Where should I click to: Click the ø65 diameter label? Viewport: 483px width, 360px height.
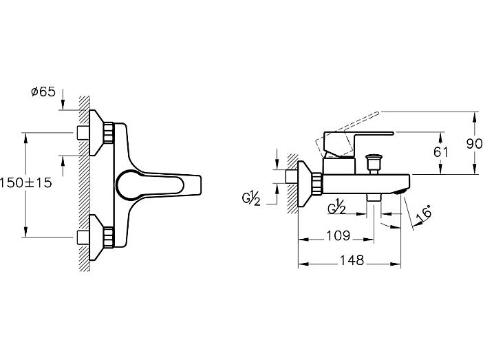point(43,92)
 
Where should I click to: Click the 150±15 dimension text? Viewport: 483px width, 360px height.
point(26,183)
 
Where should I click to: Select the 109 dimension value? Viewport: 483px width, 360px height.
point(339,236)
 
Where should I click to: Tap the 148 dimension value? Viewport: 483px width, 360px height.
point(352,260)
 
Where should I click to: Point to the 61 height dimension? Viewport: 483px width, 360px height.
point(441,152)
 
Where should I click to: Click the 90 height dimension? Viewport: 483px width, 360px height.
point(474,144)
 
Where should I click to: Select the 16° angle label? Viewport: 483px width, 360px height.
point(424,214)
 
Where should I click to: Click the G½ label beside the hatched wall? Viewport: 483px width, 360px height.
point(251,198)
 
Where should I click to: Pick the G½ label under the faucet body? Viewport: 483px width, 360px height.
point(336,207)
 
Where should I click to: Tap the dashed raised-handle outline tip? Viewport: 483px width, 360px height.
point(377,113)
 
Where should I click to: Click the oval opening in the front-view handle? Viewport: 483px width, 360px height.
point(150,185)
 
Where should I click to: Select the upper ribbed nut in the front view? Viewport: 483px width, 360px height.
point(109,133)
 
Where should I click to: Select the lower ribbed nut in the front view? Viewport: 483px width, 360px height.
point(109,237)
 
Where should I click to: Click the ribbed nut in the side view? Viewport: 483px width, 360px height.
point(317,184)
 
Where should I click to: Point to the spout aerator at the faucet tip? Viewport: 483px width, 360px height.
point(400,192)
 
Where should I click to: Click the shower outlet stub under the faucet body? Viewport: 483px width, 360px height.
point(374,198)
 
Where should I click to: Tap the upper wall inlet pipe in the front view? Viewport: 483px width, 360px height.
point(83,133)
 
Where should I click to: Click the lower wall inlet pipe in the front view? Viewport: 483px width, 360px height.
point(83,237)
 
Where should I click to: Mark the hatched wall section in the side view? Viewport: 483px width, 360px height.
point(292,183)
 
